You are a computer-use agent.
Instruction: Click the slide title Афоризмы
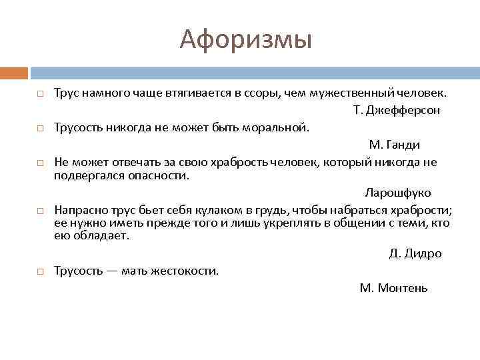[245, 40]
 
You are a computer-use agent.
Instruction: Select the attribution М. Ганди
[394, 145]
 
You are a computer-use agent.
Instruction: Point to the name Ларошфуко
[397, 193]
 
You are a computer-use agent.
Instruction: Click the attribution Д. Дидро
[415, 253]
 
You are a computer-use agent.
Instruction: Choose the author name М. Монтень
[393, 288]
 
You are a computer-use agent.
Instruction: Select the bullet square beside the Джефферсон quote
[41, 93]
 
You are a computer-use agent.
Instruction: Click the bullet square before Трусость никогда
[41, 128]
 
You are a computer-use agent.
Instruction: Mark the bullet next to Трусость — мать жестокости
[41, 271]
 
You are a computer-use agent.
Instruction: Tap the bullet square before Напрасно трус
[41, 211]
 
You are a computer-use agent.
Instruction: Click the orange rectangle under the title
[14, 73]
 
